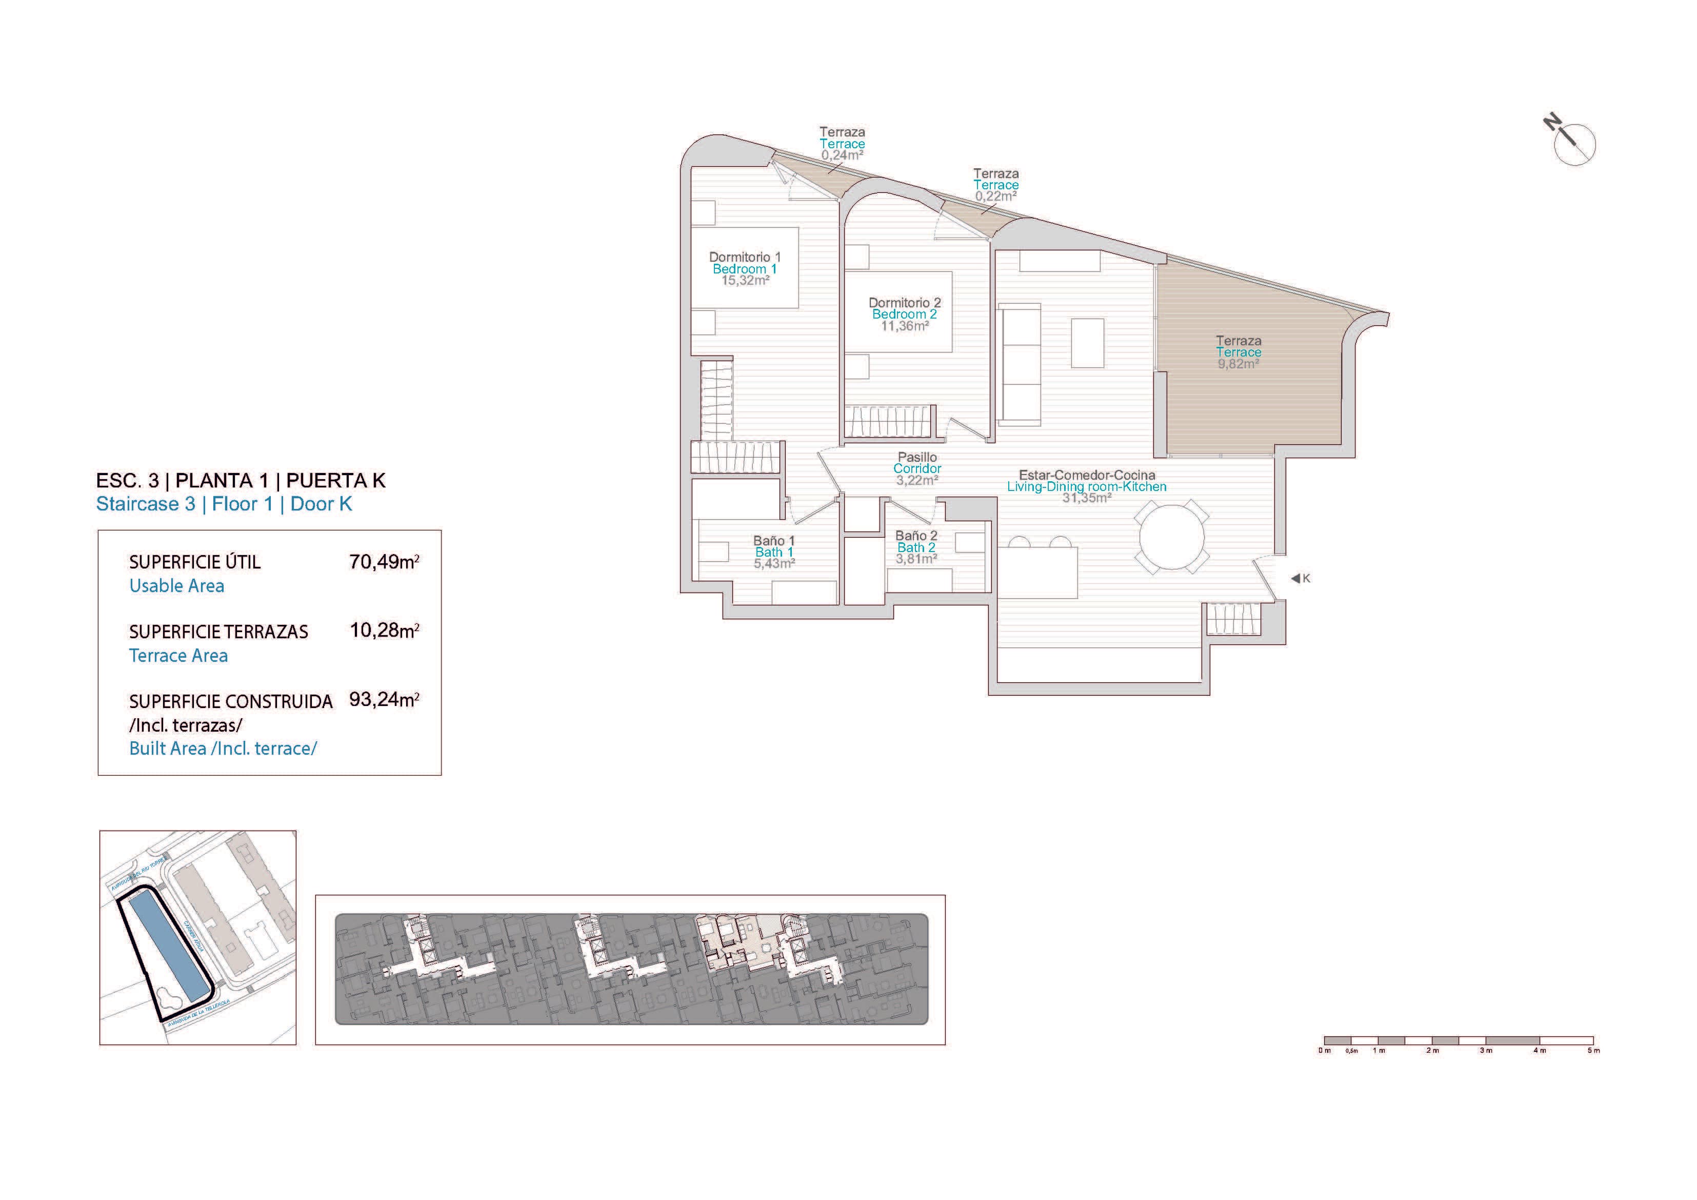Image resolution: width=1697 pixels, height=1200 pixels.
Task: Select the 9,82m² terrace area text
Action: point(1238,364)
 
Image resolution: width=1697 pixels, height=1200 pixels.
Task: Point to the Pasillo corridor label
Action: point(917,457)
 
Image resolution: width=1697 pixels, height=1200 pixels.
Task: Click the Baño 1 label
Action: point(774,540)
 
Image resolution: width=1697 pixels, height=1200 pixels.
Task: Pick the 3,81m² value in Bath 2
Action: point(916,560)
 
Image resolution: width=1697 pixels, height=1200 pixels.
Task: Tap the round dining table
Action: point(1172,536)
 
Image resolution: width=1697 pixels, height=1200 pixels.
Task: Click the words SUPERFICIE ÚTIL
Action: point(194,562)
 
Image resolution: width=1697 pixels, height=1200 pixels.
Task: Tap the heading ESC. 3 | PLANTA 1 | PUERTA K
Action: point(240,481)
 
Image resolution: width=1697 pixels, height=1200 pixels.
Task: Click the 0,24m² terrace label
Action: point(842,156)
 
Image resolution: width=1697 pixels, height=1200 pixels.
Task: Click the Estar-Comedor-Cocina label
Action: point(1087,475)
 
